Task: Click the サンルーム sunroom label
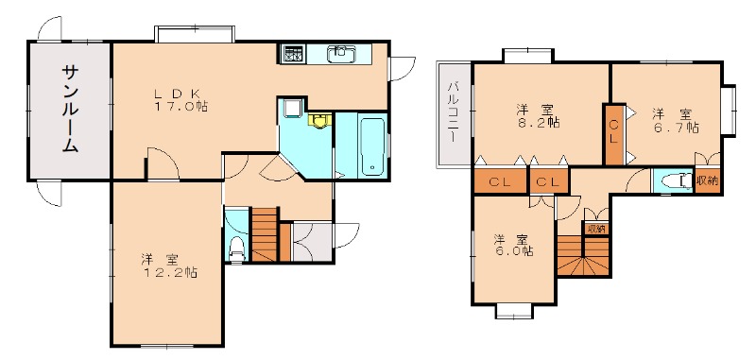pyautogui.click(x=70, y=110)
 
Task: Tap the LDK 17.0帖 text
pyautogui.click(x=180, y=100)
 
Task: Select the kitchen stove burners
pyautogui.click(x=292, y=53)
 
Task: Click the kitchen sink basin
pyautogui.click(x=341, y=53)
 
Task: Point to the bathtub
pyautogui.click(x=372, y=146)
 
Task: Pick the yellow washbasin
pyautogui.click(x=318, y=120)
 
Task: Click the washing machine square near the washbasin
pyautogui.click(x=292, y=108)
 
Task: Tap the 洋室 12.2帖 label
pyautogui.click(x=169, y=266)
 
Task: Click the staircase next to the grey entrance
pyautogui.click(x=266, y=234)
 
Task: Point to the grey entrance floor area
pyautogui.click(x=312, y=242)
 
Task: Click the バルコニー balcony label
pyautogui.click(x=453, y=111)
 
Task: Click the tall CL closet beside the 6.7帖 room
pyautogui.click(x=613, y=134)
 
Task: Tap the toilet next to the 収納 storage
pyautogui.click(x=674, y=181)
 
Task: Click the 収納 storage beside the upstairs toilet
pyautogui.click(x=707, y=181)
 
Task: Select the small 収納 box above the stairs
pyautogui.click(x=595, y=229)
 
